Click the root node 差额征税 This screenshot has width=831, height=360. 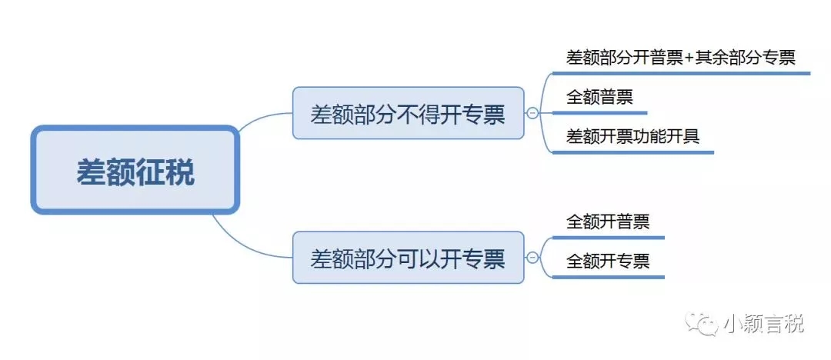[135, 170]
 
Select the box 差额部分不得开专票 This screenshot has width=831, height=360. [408, 113]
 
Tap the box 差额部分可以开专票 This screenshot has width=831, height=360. [408, 258]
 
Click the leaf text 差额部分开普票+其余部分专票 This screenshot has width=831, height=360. [680, 57]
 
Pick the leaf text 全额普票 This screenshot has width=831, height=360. [599, 97]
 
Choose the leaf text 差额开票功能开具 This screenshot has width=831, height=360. [632, 136]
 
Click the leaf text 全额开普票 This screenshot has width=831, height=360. [608, 222]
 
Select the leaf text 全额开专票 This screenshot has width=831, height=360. [608, 261]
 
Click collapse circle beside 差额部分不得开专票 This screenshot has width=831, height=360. [532, 113]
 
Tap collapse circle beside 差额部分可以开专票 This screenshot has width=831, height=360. [532, 258]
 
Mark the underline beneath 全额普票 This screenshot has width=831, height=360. [599, 112]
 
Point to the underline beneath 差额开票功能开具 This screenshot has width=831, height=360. [632, 152]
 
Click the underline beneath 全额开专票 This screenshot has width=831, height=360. [608, 277]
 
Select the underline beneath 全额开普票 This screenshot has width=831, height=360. [608, 237]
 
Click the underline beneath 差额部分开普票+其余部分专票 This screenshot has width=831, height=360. [680, 74]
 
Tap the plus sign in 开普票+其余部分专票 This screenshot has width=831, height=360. [689, 58]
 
